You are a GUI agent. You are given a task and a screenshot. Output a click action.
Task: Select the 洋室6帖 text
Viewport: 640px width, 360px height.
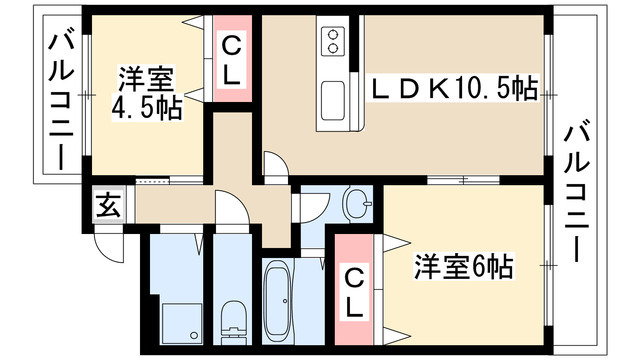(x=464, y=267)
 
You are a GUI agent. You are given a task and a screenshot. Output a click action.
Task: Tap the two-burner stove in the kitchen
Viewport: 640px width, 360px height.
(x=333, y=41)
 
